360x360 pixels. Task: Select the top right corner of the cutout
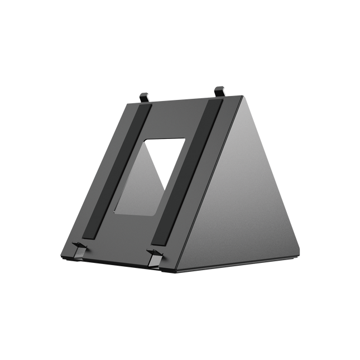coord(185,139)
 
